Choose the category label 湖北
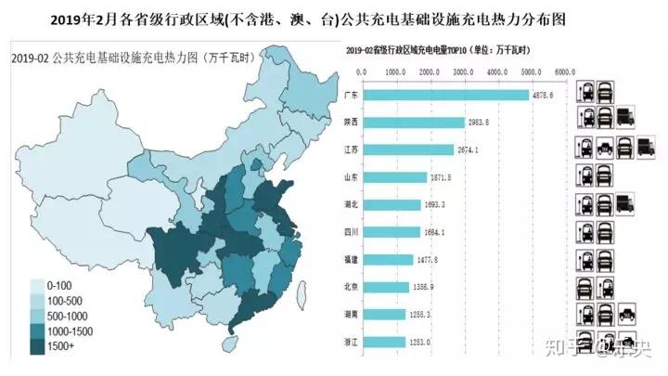(x=351, y=204)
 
